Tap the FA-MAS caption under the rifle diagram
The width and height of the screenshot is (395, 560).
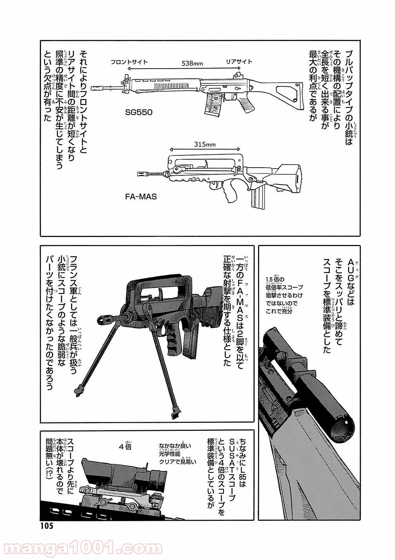[x=139, y=197]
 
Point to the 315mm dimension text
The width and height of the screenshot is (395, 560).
[x=204, y=143]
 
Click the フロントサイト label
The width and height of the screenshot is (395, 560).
[x=129, y=62]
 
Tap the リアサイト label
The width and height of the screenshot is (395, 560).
[x=239, y=62]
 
